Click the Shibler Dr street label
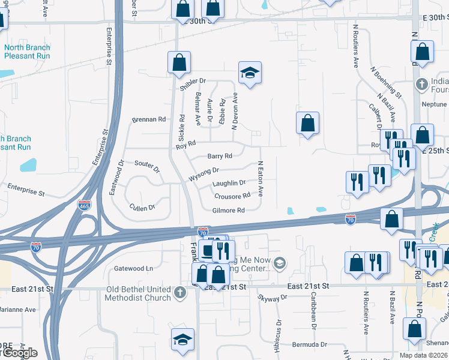click(194, 81)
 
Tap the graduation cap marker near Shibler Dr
click(249, 73)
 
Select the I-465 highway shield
click(84, 205)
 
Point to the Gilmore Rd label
click(228, 211)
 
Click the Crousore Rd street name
click(232, 196)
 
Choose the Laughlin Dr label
click(229, 183)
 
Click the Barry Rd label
click(219, 156)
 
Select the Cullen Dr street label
click(142, 207)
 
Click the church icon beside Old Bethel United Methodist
click(179, 293)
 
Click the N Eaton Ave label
click(261, 178)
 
